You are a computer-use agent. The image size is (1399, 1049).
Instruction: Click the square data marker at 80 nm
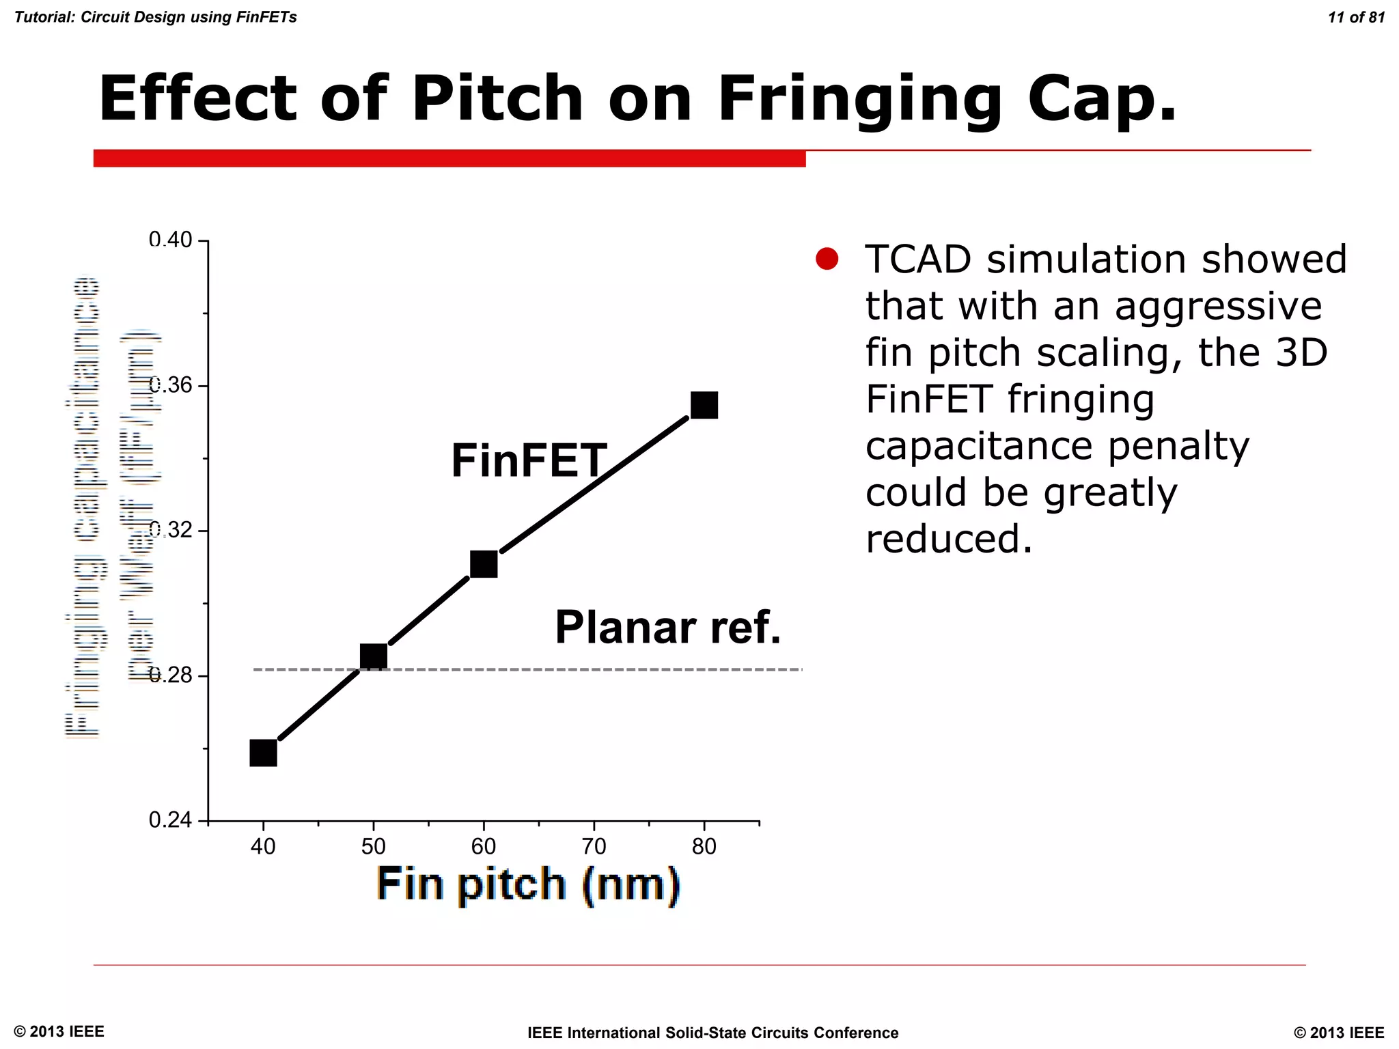[x=704, y=405]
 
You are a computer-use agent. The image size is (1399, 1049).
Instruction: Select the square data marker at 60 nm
[x=484, y=564]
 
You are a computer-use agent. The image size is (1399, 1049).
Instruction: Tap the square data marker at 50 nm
[x=373, y=656]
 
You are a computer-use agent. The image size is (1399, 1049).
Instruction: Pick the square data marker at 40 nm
[x=263, y=753]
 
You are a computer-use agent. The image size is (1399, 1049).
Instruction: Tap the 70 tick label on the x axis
[x=594, y=847]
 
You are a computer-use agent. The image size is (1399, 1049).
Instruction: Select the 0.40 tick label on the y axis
[x=170, y=240]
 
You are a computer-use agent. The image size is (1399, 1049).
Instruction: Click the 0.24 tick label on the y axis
[x=170, y=820]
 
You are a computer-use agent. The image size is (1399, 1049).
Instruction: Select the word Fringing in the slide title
[x=859, y=99]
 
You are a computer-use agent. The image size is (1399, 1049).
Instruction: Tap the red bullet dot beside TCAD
[x=827, y=259]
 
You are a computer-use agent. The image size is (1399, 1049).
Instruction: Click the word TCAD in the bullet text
[x=917, y=260]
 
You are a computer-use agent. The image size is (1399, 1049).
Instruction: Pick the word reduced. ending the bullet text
[x=948, y=539]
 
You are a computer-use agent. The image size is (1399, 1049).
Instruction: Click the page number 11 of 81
[x=1356, y=18]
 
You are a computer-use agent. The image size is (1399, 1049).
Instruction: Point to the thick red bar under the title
[x=449, y=158]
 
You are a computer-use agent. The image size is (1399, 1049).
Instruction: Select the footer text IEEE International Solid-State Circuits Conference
[x=712, y=1033]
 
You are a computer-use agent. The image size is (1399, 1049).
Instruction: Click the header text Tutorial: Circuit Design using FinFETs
[x=156, y=17]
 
